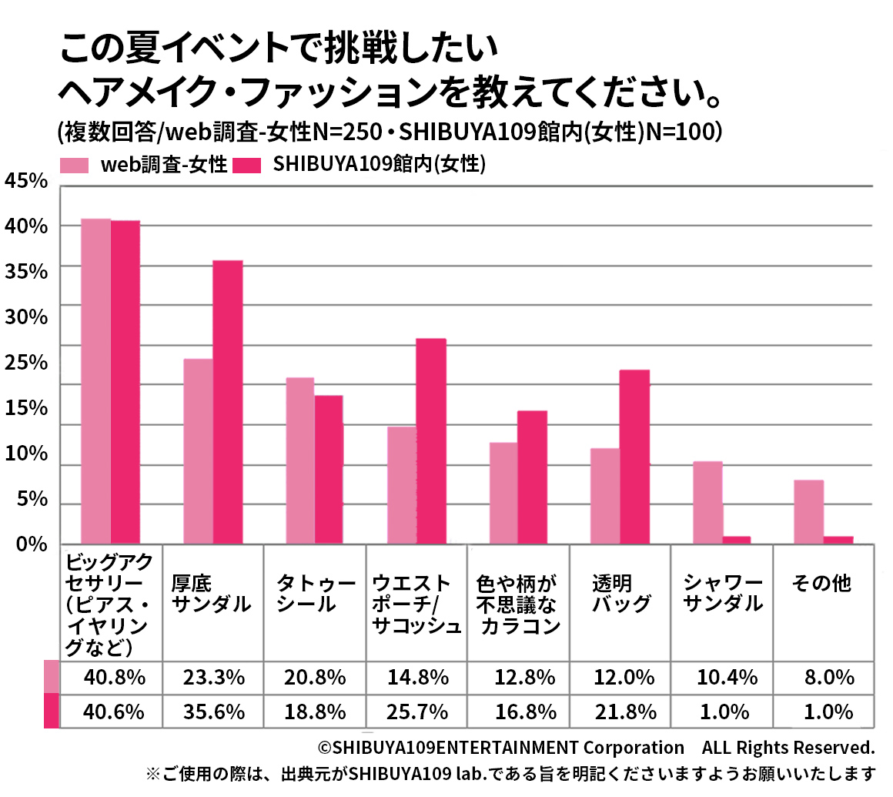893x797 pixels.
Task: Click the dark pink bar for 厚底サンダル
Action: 228,402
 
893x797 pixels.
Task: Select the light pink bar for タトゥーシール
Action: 299,460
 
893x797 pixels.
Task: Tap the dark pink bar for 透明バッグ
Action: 634,457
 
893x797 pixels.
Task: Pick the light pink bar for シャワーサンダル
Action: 707,502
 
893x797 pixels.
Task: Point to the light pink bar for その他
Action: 808,511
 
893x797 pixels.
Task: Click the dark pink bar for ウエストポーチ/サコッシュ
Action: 431,441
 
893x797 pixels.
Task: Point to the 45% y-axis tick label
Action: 26,181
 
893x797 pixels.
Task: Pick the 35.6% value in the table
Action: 213,711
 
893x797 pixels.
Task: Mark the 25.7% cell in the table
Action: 417,711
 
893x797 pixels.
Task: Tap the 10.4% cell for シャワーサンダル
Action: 723,678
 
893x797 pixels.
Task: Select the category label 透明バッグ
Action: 621,593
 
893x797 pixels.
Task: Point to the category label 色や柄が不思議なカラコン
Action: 518,604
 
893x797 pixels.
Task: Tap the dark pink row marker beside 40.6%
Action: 52,711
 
